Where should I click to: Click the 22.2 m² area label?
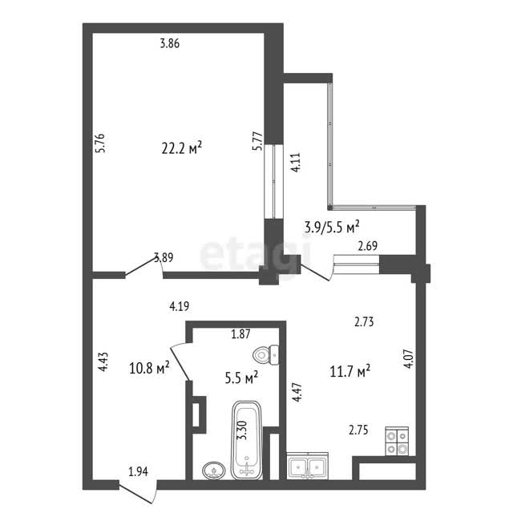(182, 148)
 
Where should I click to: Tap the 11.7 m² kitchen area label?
(350, 372)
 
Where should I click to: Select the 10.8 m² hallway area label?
(149, 369)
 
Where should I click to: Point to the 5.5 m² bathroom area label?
(241, 378)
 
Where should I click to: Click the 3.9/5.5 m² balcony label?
(332, 227)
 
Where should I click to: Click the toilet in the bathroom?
(265, 354)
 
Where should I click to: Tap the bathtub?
(247, 440)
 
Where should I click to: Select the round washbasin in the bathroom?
(214, 471)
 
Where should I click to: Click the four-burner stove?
(397, 441)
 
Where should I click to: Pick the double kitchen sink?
(307, 466)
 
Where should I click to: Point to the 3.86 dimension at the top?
(170, 43)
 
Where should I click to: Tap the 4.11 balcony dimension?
(296, 163)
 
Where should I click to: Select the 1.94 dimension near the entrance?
(138, 471)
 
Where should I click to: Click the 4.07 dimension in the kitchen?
(409, 359)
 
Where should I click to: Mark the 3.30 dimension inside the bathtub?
(244, 430)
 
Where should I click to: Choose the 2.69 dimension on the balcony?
(368, 246)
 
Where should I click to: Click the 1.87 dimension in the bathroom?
(240, 334)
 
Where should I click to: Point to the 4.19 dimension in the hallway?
(180, 306)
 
